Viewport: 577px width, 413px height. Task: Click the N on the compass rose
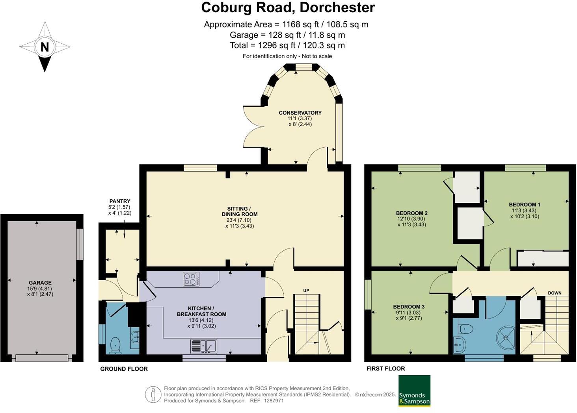(x=45, y=47)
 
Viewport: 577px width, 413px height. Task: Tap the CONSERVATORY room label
(x=300, y=113)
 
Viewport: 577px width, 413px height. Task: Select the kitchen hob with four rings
(x=191, y=279)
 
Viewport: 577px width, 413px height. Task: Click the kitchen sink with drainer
(x=204, y=346)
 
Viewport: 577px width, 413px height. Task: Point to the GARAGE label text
(x=40, y=283)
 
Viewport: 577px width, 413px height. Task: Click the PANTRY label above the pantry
(x=120, y=201)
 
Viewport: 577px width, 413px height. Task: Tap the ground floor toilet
(x=115, y=345)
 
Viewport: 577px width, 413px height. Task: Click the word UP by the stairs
(x=306, y=291)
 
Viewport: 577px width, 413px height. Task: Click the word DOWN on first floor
(x=555, y=293)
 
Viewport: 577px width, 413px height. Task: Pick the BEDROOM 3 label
(x=409, y=307)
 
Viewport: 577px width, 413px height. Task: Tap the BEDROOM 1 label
(x=525, y=205)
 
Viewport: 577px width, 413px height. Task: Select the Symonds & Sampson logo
(x=414, y=391)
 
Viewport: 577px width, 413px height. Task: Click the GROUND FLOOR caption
(x=124, y=369)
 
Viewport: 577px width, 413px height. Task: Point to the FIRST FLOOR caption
(x=385, y=369)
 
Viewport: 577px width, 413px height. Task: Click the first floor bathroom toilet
(x=467, y=328)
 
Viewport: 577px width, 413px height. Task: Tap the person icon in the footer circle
(x=154, y=394)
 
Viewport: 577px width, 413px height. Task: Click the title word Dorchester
(x=337, y=8)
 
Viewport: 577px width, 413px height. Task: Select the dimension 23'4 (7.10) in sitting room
(x=239, y=220)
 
